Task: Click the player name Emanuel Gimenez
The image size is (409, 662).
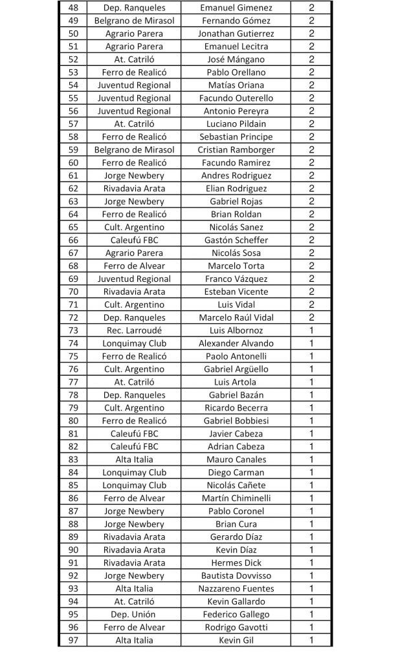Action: click(x=236, y=8)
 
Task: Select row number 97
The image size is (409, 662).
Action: click(x=73, y=640)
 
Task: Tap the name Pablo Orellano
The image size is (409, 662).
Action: click(x=236, y=72)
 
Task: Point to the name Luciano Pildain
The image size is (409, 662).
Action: click(x=236, y=123)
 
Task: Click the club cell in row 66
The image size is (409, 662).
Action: click(x=134, y=240)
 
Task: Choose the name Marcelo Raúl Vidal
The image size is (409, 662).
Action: click(x=236, y=317)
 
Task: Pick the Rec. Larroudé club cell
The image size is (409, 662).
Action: click(x=134, y=330)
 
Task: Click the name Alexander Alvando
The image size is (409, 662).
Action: click(x=236, y=343)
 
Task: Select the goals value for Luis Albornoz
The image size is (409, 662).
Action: click(x=311, y=330)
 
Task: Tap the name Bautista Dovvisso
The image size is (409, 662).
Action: click(x=236, y=575)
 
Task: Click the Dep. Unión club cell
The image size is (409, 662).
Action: click(x=134, y=614)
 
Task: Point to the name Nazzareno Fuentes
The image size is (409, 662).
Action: click(x=236, y=588)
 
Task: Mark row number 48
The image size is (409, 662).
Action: click(x=73, y=8)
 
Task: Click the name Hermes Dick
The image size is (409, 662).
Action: click(x=236, y=562)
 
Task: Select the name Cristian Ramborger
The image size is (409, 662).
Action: click(x=236, y=149)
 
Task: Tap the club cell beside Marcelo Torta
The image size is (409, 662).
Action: click(x=134, y=266)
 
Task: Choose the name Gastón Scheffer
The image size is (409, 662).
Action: click(x=236, y=240)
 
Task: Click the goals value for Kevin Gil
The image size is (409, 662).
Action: click(x=311, y=640)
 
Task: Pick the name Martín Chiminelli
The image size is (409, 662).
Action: click(x=236, y=498)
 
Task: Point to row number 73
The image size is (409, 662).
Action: click(x=73, y=330)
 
